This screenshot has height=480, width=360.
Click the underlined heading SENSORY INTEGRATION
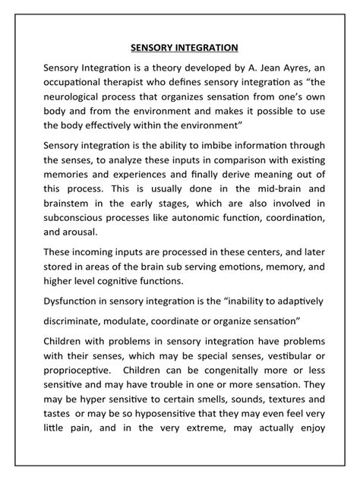[180, 48]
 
